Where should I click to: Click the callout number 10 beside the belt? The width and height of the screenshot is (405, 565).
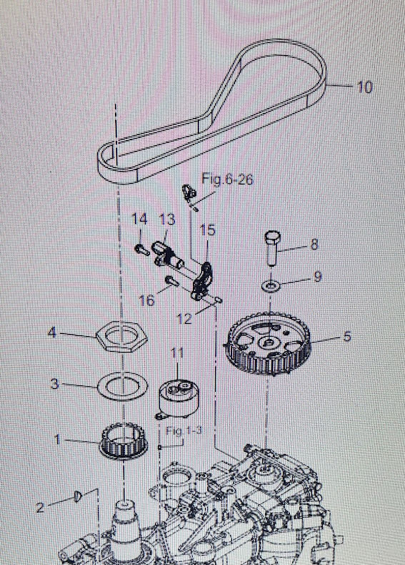[x=365, y=87]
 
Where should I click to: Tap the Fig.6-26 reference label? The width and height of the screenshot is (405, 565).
[x=227, y=179]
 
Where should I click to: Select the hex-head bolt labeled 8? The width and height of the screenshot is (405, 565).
[x=273, y=248]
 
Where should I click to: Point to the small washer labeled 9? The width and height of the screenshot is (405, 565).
[x=271, y=286]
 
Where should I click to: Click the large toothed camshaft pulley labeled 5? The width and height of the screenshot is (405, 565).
[x=267, y=344]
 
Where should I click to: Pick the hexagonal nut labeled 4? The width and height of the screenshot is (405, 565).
[x=122, y=335]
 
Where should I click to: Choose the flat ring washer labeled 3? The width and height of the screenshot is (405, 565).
[x=123, y=386]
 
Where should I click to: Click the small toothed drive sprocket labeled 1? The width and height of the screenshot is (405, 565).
[x=123, y=441]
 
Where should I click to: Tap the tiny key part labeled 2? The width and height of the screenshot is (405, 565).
[x=78, y=496]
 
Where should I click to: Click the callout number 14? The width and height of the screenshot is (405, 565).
[x=139, y=219]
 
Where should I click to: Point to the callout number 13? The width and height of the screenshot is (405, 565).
[x=167, y=220]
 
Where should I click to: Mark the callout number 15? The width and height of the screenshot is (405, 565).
[x=208, y=230]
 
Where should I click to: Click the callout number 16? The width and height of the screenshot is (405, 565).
[x=146, y=300]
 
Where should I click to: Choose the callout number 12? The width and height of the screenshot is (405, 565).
[x=185, y=318]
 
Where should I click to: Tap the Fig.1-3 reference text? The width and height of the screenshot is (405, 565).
[x=184, y=431]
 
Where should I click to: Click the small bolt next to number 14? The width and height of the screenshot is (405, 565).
[x=143, y=250]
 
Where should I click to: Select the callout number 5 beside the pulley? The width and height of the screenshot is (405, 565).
[x=346, y=336]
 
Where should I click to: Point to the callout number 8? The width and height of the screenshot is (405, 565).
[x=314, y=245]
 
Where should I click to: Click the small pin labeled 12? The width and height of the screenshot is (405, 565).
[x=219, y=299]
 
